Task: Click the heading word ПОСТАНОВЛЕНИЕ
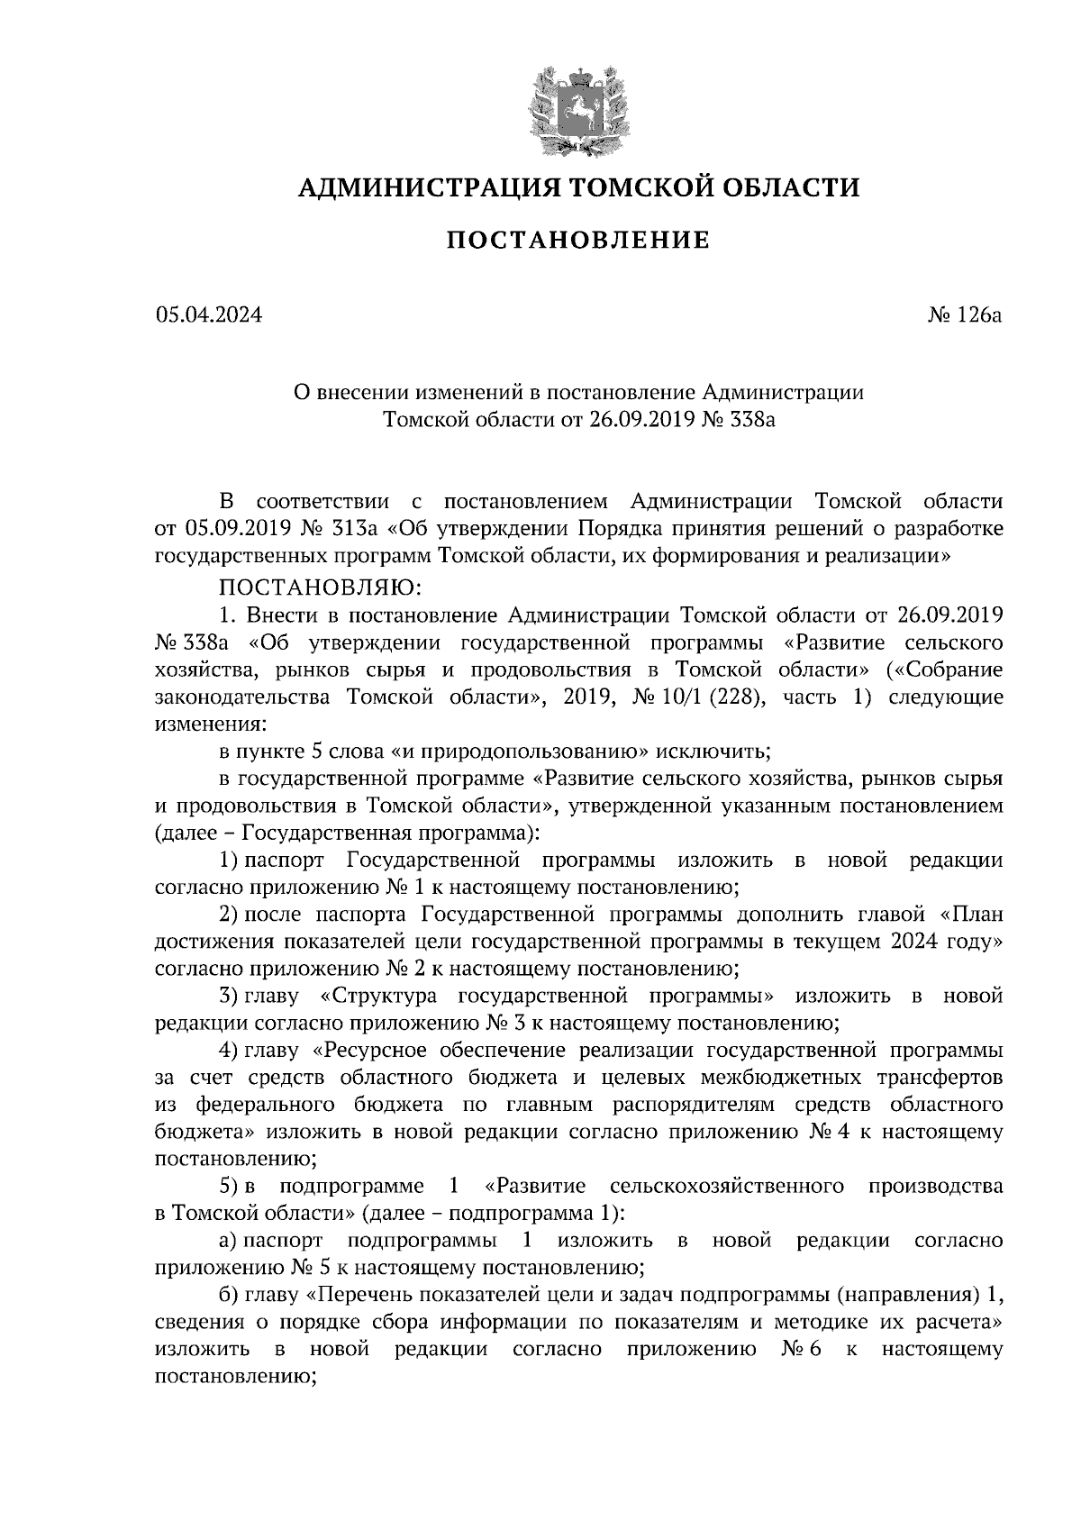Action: click(578, 241)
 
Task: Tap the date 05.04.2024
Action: click(208, 315)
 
